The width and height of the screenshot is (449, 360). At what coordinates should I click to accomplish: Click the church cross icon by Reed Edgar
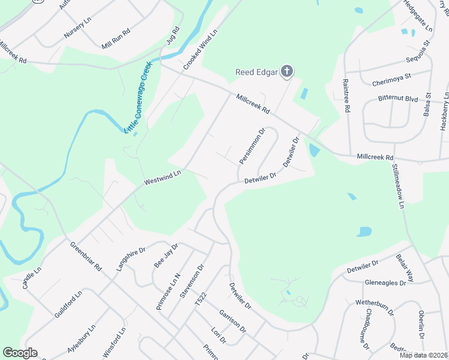(x=287, y=72)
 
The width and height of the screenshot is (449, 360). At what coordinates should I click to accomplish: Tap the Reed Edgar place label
(x=256, y=73)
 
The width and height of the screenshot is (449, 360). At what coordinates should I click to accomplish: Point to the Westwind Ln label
(x=162, y=178)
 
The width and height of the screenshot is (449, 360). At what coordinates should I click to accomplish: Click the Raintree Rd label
(x=346, y=95)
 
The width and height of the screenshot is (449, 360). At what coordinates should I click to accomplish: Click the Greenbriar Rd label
(x=86, y=257)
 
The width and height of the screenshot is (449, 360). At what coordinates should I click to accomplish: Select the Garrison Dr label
(x=232, y=321)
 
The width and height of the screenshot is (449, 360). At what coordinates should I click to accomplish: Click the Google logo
(x=20, y=353)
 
